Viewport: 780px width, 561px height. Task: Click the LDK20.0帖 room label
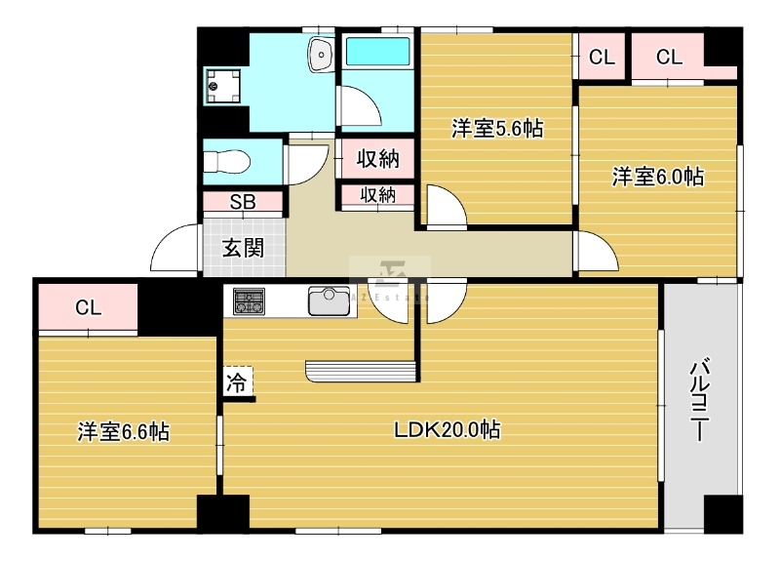pyautogui.click(x=447, y=429)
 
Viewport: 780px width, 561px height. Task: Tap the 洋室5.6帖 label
pyautogui.click(x=496, y=129)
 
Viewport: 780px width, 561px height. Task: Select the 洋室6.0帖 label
pyautogui.click(x=658, y=177)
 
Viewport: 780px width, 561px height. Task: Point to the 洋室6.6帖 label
pyautogui.click(x=124, y=431)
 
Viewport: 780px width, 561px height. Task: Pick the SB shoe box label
pyautogui.click(x=243, y=203)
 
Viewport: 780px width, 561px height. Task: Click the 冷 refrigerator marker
pyautogui.click(x=237, y=382)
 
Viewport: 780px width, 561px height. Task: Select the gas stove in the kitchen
pyautogui.click(x=250, y=301)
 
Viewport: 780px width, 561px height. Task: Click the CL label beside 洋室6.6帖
pyautogui.click(x=88, y=308)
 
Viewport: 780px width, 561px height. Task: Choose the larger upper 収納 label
pyautogui.click(x=377, y=160)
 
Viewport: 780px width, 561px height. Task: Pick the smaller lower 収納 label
pyautogui.click(x=377, y=195)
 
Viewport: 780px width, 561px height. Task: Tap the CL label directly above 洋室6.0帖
pyautogui.click(x=669, y=58)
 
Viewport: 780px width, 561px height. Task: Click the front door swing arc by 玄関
pyautogui.click(x=174, y=249)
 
